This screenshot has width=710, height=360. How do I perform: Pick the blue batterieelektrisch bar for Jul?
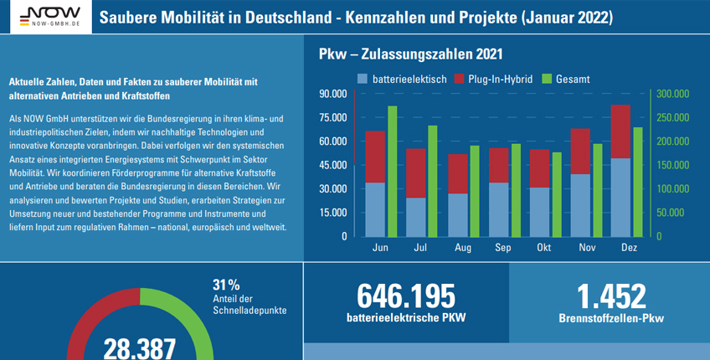coord(416,217)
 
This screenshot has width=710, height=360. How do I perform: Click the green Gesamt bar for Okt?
coord(557,193)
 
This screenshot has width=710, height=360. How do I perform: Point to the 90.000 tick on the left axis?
coord(332,94)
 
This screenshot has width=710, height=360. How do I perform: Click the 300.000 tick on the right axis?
coord(671,94)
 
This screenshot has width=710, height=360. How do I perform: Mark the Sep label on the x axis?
coord(503,249)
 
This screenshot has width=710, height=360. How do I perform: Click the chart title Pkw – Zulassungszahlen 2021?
coord(410,54)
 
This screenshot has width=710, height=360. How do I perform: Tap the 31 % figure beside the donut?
coord(226,284)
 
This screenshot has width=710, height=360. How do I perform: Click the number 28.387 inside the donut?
coord(140,347)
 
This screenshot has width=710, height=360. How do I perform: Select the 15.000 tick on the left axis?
coord(332,213)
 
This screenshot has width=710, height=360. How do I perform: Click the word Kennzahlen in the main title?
coord(405,17)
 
